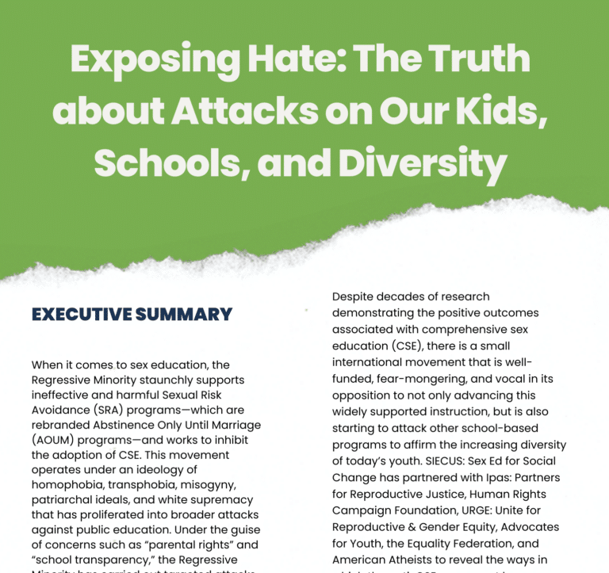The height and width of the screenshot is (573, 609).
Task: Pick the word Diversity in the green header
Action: pyautogui.click(x=423, y=163)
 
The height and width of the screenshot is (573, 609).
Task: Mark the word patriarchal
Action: pyautogui.click(x=64, y=500)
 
